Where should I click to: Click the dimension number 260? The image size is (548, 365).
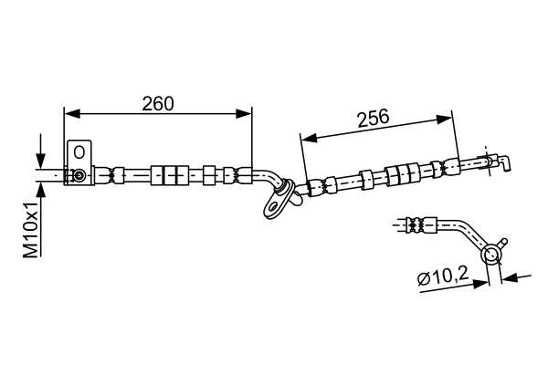[x=158, y=103]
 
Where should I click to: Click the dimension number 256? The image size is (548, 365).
[x=372, y=117]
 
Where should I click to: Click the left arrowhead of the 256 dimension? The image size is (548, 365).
[x=309, y=138]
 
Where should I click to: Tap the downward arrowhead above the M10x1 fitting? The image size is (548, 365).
[x=40, y=160]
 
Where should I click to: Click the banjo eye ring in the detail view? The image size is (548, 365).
[x=494, y=254]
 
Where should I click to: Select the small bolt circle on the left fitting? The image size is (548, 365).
[x=80, y=175]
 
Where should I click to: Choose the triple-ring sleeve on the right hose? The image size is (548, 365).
[x=399, y=172]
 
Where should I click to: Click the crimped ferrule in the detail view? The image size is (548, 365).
[x=414, y=222]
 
